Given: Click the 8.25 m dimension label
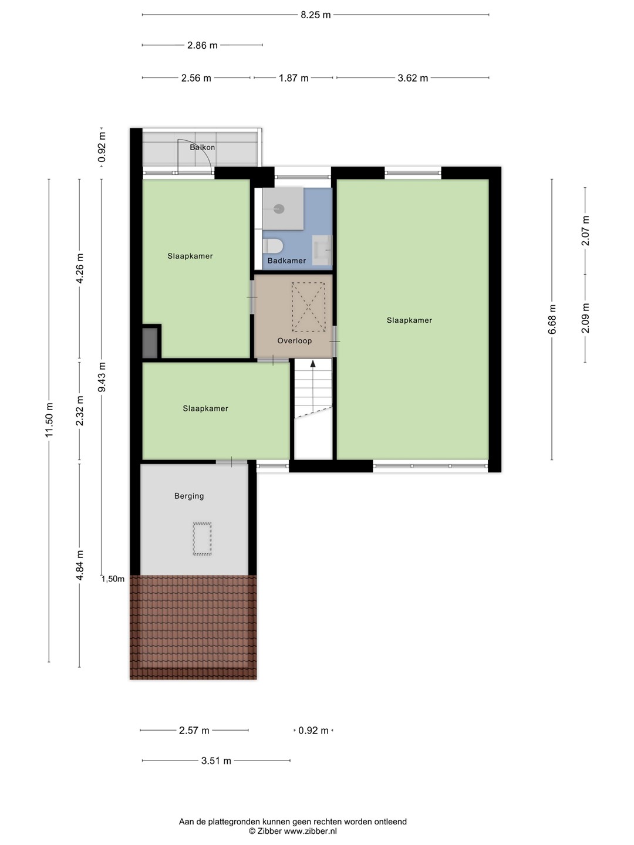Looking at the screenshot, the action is point(315,15).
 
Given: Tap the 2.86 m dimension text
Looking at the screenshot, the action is point(203,45).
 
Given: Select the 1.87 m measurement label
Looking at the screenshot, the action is point(294,78).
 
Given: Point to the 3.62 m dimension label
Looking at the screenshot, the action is point(413,78).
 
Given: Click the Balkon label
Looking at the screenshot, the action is point(203,147).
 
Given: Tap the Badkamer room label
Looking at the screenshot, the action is point(287,261).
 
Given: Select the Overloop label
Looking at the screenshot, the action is point(295,341).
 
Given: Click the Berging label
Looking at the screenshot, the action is point(189,496).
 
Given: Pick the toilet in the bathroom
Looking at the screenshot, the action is point(273,246).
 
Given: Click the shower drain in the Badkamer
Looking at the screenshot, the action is point(279,209).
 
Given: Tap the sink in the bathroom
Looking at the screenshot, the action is point(322,250).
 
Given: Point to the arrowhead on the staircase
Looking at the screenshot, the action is point(312,363).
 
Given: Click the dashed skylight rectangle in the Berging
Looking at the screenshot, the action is point(202,539).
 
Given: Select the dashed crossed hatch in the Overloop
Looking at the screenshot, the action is point(308,307).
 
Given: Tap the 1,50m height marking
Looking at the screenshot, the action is point(113,579).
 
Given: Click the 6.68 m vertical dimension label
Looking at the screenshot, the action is point(552,320).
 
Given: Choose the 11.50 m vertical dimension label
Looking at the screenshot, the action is point(49,420).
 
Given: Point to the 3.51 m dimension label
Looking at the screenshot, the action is point(216,760).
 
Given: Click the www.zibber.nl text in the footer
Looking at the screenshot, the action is point(311,831).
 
